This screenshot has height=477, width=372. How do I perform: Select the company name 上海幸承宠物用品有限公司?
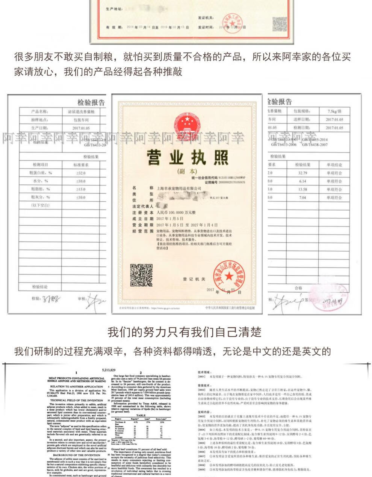click(178, 187)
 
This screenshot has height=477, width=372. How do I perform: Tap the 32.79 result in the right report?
click(302, 173)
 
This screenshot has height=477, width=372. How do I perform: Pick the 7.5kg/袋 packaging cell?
click(334, 111)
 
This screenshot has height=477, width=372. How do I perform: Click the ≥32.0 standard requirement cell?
click(80, 173)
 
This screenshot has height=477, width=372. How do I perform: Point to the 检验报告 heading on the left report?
click(91, 102)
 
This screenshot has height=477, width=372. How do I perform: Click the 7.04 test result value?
click(302, 197)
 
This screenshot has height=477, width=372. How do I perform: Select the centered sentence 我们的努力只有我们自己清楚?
click(184, 332)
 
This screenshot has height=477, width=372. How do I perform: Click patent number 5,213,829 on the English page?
click(109, 370)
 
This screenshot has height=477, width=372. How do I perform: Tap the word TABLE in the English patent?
click(141, 415)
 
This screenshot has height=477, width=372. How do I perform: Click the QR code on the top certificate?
click(280, 24)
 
